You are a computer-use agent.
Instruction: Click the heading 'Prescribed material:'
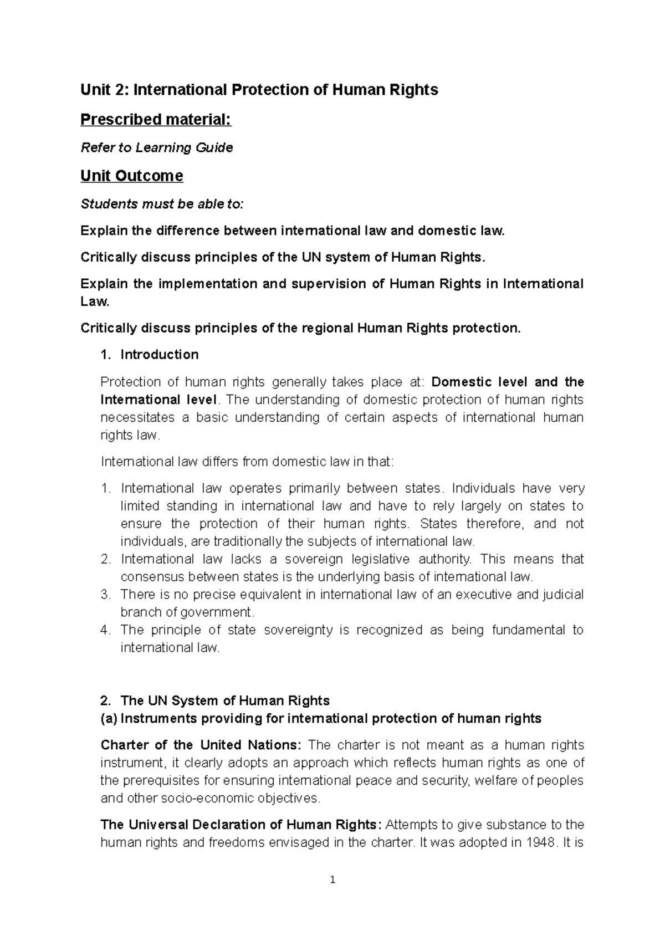pyautogui.click(x=156, y=119)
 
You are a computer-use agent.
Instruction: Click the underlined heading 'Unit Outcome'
pyautogui.click(x=131, y=176)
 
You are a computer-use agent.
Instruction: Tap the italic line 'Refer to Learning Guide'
pyautogui.click(x=157, y=147)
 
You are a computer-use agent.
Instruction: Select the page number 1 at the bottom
pyautogui.click(x=332, y=879)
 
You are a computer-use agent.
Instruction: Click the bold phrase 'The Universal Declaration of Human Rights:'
pyautogui.click(x=241, y=825)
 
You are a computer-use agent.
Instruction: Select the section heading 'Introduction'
pyautogui.click(x=159, y=355)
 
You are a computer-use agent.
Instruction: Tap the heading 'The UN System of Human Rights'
pyautogui.click(x=224, y=700)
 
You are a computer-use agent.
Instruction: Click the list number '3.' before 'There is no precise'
pyautogui.click(x=106, y=595)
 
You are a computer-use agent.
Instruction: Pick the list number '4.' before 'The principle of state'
pyautogui.click(x=106, y=630)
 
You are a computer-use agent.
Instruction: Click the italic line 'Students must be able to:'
pyautogui.click(x=162, y=204)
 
